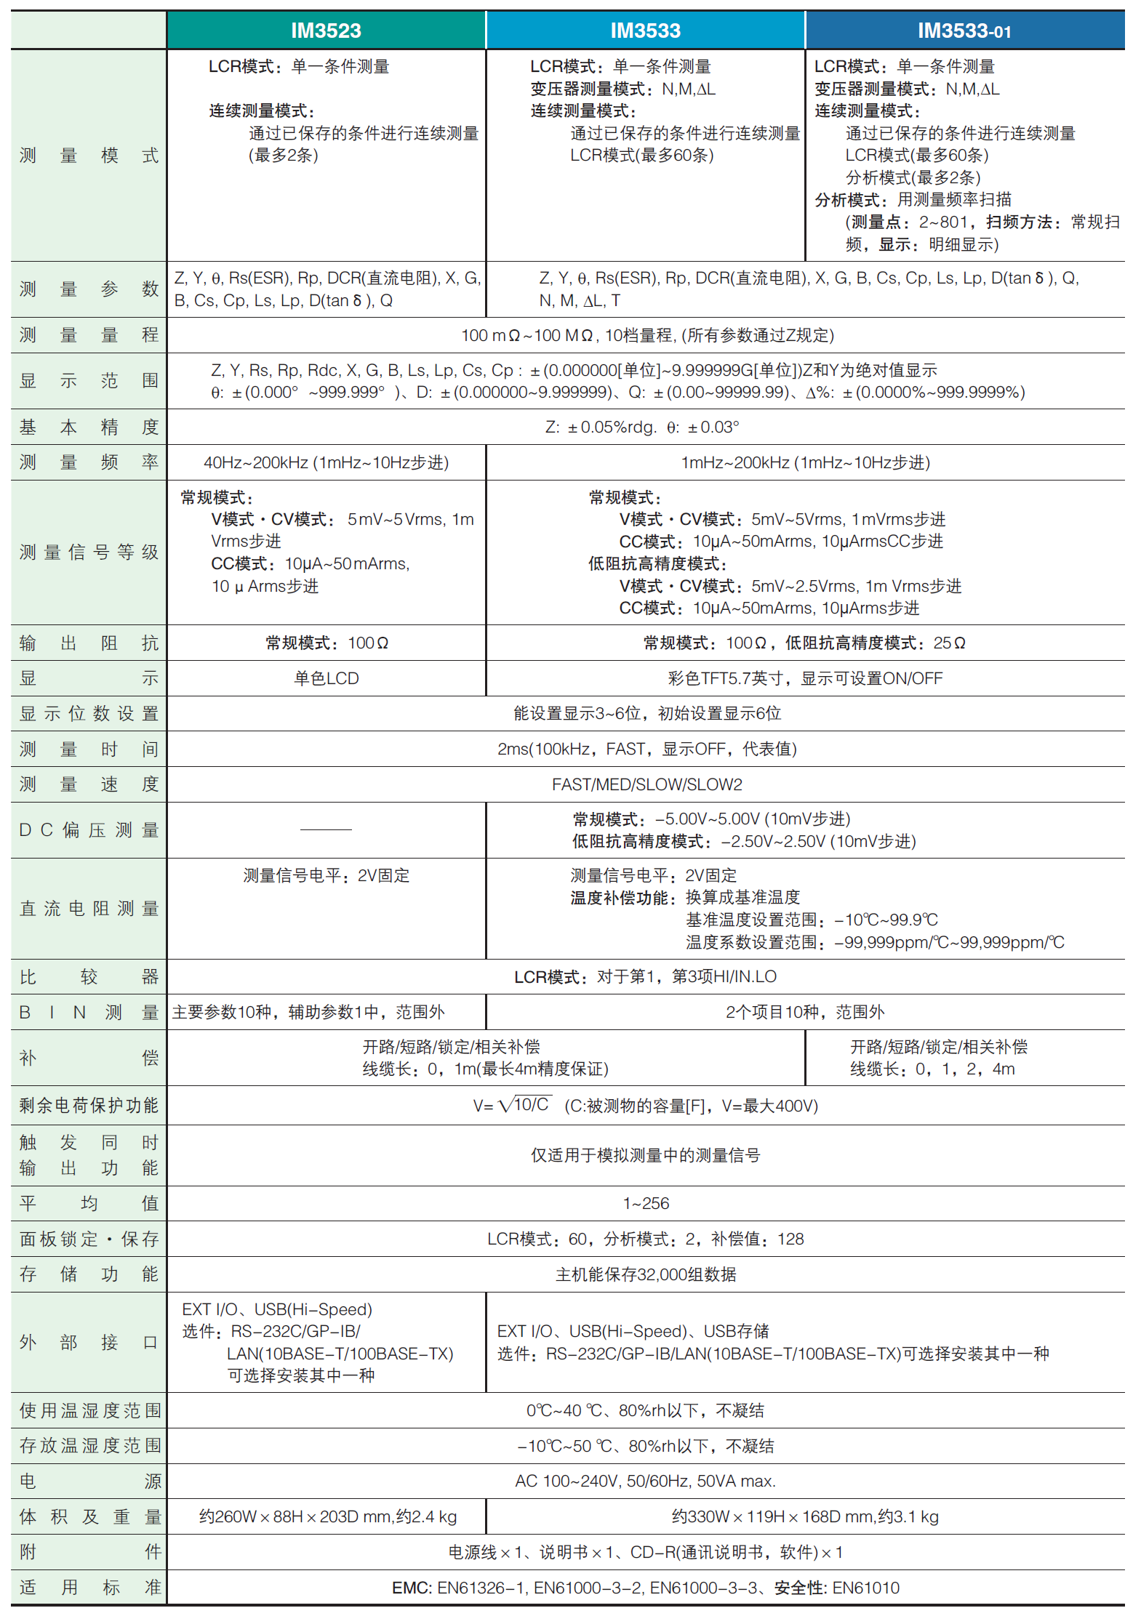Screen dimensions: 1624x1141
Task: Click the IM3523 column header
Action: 326,31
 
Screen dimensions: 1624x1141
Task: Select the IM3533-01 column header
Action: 964,31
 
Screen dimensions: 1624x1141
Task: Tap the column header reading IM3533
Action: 645,31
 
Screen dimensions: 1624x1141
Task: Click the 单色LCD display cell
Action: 326,678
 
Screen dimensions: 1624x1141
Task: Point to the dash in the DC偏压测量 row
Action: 326,829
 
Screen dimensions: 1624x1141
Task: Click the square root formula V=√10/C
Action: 513,1106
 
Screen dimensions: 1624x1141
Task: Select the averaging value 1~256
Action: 646,1204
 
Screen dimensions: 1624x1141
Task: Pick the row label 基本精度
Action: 89,427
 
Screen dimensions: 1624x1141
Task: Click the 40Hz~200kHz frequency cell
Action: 326,463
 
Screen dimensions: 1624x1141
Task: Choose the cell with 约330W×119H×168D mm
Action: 805,1517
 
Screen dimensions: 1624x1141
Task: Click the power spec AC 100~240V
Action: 646,1482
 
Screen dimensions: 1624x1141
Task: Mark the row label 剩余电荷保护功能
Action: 89,1106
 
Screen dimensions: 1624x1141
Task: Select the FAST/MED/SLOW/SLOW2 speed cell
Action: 646,785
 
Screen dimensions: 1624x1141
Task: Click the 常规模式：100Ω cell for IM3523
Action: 327,643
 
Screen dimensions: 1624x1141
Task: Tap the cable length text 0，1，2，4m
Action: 965,1069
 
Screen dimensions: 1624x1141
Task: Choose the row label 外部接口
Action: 89,1343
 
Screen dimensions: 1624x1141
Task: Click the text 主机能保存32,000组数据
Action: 646,1274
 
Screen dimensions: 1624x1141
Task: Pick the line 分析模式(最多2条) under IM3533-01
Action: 913,177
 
